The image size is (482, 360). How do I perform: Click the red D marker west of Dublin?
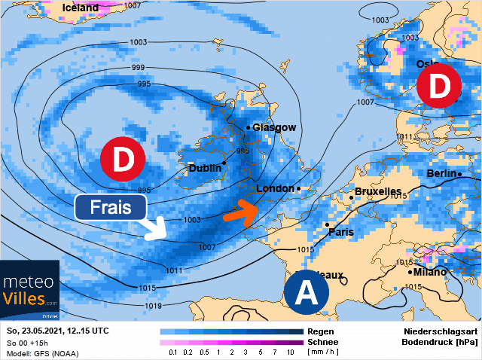[122, 160]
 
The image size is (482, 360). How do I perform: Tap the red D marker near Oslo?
[439, 87]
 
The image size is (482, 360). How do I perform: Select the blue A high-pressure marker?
[307, 292]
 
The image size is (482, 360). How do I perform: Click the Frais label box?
[111, 207]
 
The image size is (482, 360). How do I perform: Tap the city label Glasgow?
[274, 127]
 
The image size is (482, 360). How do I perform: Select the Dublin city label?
[204, 168]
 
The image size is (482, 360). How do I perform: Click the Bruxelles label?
[377, 192]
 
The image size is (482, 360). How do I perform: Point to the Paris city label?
[341, 232]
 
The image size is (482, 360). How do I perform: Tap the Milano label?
[428, 272]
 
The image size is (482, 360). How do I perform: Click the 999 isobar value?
[138, 68]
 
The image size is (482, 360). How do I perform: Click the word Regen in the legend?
[320, 331]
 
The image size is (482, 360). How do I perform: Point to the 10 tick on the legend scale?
[290, 352]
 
